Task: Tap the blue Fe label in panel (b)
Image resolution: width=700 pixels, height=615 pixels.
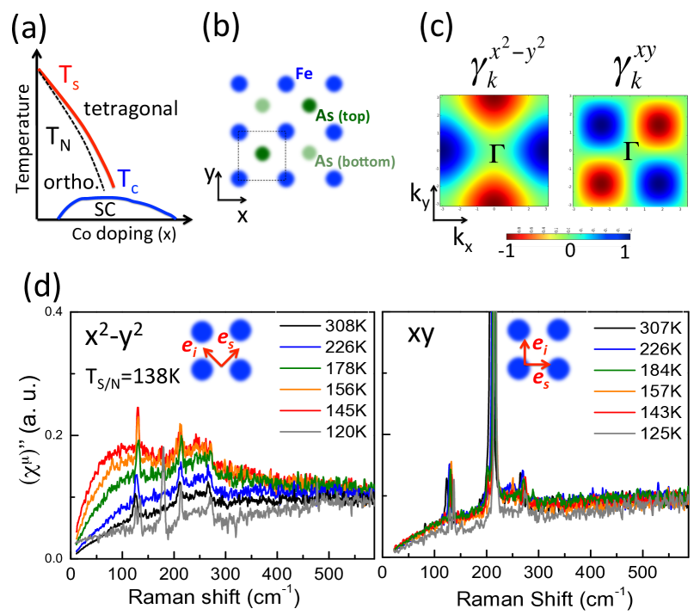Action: [x=328, y=75]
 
